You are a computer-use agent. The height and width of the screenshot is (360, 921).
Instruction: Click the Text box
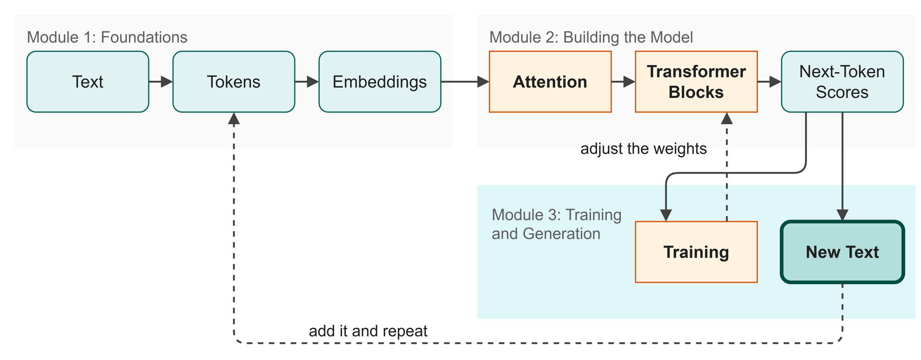pos(88,82)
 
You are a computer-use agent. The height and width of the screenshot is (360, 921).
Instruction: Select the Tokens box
pos(234,82)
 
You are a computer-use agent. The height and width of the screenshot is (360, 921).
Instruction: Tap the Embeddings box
pos(380,82)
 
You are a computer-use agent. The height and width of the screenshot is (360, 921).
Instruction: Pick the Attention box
pos(550,82)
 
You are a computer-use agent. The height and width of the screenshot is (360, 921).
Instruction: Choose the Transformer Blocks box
pos(696,82)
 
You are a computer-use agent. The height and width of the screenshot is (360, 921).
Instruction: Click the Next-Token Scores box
pos(842,82)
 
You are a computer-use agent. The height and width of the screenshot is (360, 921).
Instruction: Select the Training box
pos(696,252)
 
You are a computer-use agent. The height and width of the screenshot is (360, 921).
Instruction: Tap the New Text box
pos(842,252)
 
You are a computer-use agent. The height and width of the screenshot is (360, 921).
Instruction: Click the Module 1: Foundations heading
pos(107,37)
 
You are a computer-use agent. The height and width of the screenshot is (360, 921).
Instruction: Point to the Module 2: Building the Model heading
pos(591,37)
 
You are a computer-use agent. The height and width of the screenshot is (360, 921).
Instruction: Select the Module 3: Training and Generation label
pos(557,224)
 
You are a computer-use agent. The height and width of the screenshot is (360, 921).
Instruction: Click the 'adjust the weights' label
pos(643,149)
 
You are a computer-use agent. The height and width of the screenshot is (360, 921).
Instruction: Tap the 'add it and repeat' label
pos(368,331)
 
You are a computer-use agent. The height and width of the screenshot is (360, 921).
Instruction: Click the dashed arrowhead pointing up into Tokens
pos(234,118)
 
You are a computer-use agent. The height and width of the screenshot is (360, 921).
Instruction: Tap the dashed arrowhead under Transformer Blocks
pos(727,118)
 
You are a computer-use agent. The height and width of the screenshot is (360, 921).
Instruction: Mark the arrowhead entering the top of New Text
pos(843,215)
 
